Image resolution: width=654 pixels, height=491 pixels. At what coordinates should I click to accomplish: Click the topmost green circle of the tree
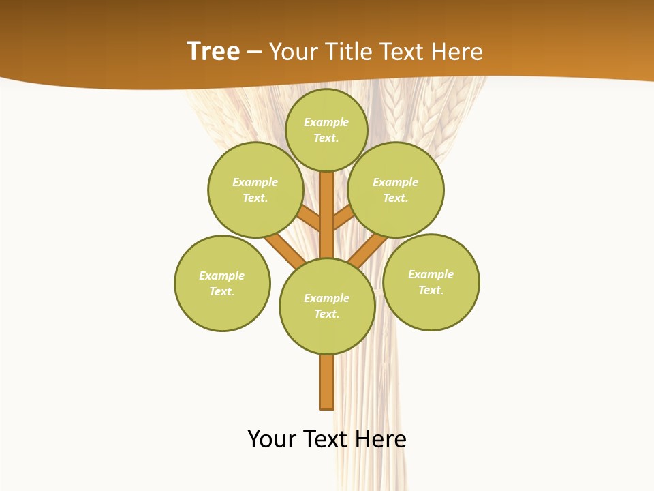(x=326, y=130)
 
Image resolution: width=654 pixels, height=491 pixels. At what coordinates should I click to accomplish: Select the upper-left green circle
(x=255, y=190)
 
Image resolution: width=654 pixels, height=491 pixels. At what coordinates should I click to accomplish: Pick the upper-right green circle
(x=395, y=190)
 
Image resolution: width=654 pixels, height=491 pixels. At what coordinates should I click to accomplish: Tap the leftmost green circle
(x=222, y=283)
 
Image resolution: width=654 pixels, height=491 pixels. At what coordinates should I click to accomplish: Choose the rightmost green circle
(x=431, y=282)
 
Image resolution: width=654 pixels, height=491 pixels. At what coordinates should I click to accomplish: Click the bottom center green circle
(x=327, y=306)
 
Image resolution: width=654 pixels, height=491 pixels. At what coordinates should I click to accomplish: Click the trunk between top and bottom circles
(x=326, y=215)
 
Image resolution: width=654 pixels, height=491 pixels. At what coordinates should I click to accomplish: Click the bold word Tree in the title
(x=213, y=51)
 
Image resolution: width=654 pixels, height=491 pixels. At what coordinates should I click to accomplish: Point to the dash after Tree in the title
(x=254, y=52)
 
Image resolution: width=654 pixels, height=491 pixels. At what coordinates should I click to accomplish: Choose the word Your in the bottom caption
(x=272, y=439)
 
